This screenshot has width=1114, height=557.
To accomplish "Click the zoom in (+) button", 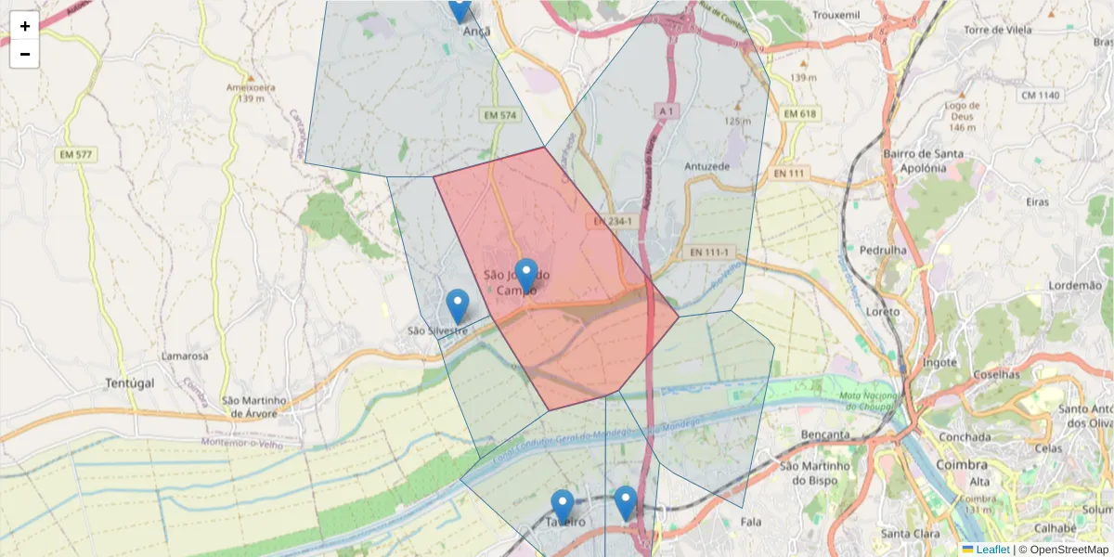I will point(24,26).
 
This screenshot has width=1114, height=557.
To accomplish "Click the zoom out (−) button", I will point(24,54).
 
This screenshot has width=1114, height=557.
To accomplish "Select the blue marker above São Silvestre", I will point(457,305).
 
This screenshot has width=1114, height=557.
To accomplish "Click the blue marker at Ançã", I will point(459,8).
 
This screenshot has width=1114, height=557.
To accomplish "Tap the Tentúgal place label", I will point(129,382).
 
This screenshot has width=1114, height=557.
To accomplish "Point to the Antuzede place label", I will point(707,166).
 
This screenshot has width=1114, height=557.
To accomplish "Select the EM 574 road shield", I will point(499,115).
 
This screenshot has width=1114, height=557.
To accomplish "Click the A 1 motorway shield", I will point(666,110).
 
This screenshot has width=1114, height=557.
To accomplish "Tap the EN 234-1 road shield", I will point(613,222).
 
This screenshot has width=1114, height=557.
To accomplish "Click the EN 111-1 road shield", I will point(712,252).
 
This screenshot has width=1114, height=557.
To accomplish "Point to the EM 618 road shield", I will point(799,113).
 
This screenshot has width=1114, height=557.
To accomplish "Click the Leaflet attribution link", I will point(991,550).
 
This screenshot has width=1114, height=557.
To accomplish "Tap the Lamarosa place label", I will point(184,356).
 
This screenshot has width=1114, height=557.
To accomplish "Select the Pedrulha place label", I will point(883,251).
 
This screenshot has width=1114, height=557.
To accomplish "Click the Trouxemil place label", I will point(838,16).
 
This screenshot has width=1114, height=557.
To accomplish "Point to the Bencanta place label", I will point(825,434).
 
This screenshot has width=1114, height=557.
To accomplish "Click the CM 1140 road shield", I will point(1039,96).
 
